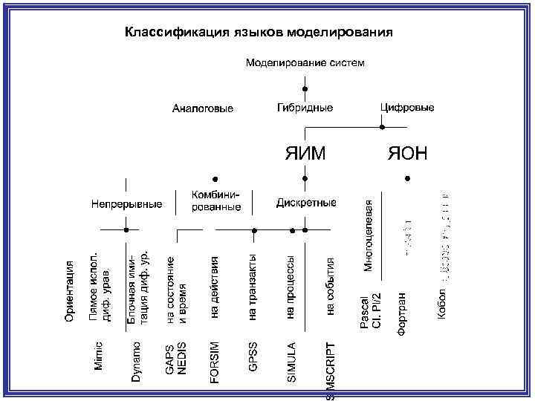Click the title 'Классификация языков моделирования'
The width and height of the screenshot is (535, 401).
click(258, 33)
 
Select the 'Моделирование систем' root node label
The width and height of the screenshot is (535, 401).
click(305, 62)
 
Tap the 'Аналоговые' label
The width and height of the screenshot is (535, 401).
click(203, 109)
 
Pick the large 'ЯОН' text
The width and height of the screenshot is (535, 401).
click(407, 154)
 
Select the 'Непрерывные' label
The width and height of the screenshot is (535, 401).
click(127, 203)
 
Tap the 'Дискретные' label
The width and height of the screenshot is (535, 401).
click(306, 203)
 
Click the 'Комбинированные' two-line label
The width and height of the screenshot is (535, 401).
click(215, 200)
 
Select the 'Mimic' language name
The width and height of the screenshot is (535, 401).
click(99, 357)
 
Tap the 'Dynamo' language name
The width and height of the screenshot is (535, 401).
click(136, 362)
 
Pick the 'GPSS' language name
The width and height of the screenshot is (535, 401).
click(253, 356)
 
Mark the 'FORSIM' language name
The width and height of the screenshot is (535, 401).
click(215, 362)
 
